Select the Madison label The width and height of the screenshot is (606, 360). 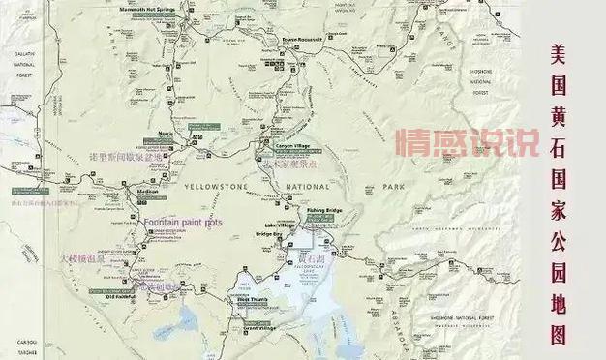click(x=147, y=192)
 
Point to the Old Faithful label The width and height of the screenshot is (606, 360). click(x=124, y=297)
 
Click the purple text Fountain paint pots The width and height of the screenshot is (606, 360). click(x=183, y=223)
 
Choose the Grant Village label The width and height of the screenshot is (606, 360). click(x=259, y=328)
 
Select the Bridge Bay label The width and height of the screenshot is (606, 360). click(x=270, y=234)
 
